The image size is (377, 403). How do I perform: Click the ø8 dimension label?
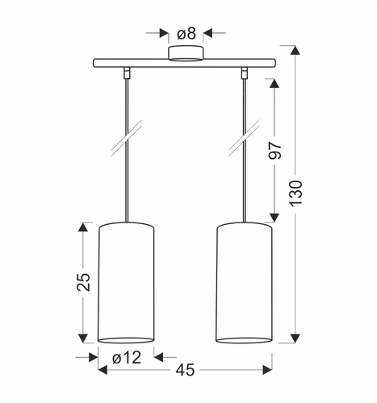coord(186,33)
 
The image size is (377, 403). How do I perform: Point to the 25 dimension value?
coord(84,283)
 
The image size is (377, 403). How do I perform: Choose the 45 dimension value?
coord(186,371)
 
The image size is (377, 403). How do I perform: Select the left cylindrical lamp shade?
coord(127,281)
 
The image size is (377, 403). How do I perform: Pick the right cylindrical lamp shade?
coord(245,281)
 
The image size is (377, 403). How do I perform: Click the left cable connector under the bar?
coord(128,73)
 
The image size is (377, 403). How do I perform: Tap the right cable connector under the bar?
coord(244,73)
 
